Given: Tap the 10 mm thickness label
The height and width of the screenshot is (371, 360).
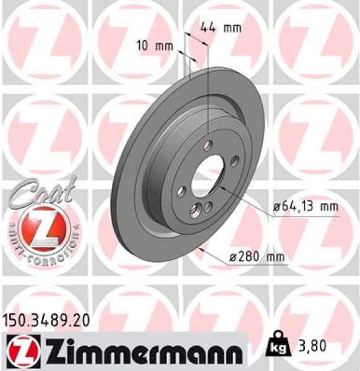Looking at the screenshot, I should tap(155, 45).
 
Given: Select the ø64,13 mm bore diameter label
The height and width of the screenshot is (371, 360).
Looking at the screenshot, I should tap(306, 207).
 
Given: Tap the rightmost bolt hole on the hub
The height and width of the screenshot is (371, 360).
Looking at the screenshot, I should tap(236, 162).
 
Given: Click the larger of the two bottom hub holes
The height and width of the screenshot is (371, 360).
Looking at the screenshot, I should tap(197, 211).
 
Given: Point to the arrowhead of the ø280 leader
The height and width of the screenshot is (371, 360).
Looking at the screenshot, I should tap(202, 248).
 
